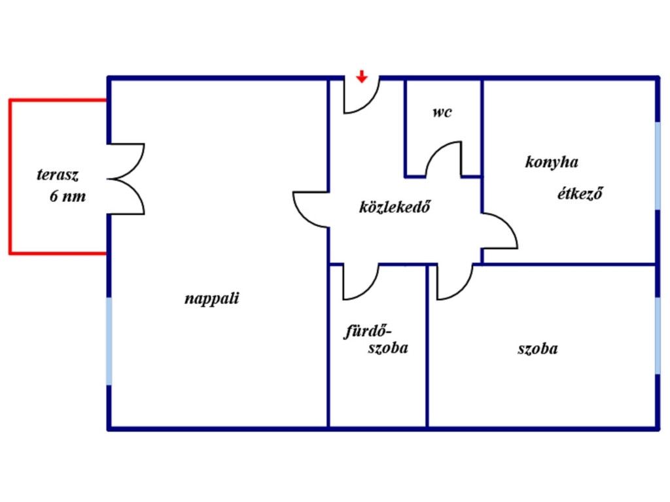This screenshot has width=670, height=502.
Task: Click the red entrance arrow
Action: [x=362, y=77]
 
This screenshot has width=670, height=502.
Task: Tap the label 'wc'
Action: [x=442, y=112]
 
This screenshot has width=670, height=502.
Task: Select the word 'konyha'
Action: [x=552, y=162]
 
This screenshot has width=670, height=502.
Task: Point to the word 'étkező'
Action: [x=580, y=193]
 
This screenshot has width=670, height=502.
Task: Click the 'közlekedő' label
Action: [x=395, y=207]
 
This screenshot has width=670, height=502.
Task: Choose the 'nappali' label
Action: [x=211, y=298]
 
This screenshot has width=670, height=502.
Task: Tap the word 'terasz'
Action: [x=58, y=175]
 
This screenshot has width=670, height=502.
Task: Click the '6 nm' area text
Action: [x=67, y=196]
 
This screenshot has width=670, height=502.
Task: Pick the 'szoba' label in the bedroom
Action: [x=538, y=349]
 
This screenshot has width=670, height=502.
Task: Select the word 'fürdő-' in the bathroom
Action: [x=368, y=331]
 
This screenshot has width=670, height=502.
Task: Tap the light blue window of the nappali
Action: [x=109, y=341]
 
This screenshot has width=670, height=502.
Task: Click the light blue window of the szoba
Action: [x=658, y=335]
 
